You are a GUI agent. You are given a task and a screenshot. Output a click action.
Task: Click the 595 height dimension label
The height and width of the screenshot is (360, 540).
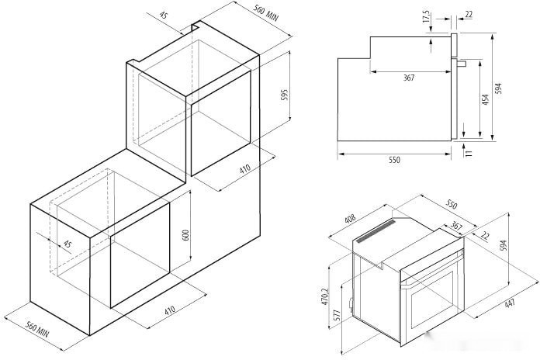(x=285, y=94)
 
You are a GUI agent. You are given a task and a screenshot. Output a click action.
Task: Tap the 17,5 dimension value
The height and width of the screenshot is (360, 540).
(x=427, y=16)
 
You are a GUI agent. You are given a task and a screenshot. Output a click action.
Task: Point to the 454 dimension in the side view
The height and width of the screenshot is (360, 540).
(x=485, y=99)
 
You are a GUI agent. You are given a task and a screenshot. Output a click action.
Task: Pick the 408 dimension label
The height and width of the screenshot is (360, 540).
(x=350, y=220)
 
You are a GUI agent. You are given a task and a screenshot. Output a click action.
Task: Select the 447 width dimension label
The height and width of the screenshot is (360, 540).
(x=509, y=303)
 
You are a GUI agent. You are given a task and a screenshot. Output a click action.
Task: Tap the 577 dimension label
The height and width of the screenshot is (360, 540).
(x=337, y=316)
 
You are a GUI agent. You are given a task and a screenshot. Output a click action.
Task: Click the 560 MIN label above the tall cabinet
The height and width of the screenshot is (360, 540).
(x=265, y=12)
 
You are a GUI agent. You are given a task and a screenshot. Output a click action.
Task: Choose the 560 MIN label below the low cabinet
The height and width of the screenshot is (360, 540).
(x=37, y=329)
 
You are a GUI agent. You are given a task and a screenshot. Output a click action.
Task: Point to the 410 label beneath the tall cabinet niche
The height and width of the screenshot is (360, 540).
(x=244, y=169)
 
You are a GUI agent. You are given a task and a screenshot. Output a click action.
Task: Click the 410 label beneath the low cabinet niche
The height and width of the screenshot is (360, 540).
(x=169, y=310)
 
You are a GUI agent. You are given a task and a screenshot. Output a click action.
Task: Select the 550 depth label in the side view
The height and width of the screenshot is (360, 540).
(x=394, y=160)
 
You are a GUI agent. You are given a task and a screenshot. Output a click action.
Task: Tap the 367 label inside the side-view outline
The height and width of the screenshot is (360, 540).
(x=409, y=78)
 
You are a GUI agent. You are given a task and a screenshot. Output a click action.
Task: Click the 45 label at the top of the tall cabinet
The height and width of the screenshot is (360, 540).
(x=164, y=16)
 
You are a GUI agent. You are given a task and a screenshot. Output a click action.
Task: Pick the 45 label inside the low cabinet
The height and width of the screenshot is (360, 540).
(x=67, y=244)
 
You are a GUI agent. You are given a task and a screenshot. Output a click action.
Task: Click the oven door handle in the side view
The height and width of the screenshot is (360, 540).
(x=462, y=64)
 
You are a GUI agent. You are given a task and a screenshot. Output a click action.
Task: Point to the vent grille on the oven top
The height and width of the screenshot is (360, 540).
(x=376, y=230)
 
